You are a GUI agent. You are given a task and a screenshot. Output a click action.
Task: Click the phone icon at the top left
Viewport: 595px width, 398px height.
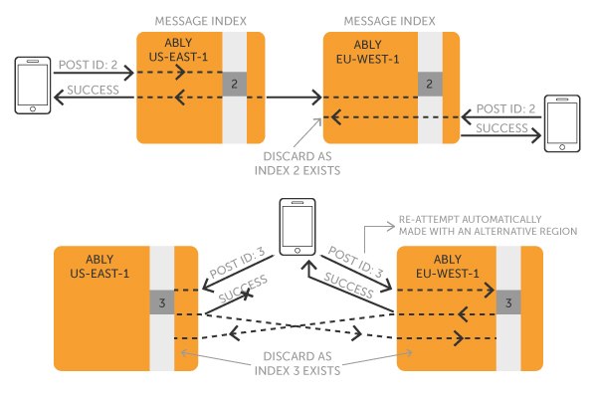(33, 86)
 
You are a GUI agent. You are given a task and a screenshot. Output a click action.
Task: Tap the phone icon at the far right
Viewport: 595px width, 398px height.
(562, 123)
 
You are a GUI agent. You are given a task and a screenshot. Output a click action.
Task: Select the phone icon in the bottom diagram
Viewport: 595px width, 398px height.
(297, 227)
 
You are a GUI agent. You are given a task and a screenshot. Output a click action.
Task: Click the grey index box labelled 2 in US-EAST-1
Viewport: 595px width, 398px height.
(234, 84)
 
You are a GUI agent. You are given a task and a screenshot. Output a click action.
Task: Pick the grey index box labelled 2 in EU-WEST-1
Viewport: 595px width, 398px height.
(430, 84)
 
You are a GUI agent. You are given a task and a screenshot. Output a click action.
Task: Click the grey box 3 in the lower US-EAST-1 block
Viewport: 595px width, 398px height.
(162, 302)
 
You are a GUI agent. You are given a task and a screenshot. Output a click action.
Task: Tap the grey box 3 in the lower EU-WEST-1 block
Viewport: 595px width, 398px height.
(508, 302)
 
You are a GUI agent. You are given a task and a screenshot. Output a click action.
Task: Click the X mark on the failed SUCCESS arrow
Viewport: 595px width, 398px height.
(247, 294)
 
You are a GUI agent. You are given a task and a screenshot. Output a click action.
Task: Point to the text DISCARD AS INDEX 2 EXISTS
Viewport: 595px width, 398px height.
(297, 163)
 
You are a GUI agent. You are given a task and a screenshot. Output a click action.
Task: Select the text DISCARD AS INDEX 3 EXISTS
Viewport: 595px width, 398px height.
(297, 363)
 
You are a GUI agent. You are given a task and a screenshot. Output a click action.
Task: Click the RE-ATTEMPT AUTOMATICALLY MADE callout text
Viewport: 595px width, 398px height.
(488, 226)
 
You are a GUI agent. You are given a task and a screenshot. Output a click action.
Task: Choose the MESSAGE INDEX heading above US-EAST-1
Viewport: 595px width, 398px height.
(201, 21)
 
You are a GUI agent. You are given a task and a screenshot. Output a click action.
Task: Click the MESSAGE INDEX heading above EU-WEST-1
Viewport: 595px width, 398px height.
(390, 21)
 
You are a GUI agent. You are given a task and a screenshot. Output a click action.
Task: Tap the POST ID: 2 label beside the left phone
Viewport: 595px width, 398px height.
(88, 65)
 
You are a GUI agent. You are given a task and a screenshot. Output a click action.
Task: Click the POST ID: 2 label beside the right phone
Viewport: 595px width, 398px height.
(505, 108)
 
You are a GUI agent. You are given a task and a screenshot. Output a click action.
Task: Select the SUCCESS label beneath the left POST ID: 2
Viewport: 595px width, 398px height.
(93, 90)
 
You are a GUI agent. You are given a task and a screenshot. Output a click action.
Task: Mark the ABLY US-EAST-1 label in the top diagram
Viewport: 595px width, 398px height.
(178, 50)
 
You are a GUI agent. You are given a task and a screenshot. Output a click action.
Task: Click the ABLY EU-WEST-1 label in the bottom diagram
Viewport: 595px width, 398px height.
(448, 267)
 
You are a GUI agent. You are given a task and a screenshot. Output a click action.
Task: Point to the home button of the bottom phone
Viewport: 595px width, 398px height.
(297, 251)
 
